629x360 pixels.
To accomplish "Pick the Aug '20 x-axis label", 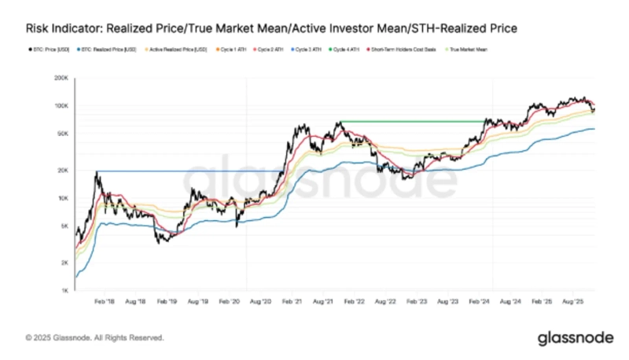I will tap(260, 301).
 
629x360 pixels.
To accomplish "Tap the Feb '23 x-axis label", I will tap(417, 301).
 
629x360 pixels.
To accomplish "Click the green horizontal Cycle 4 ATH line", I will tap(409, 120).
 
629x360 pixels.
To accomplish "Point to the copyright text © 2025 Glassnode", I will tap(94, 337).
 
